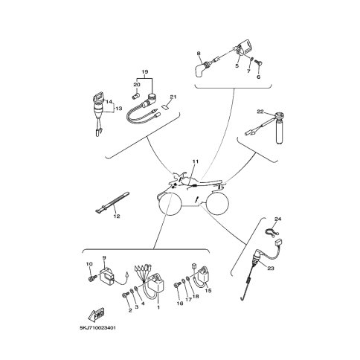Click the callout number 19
click(x=145, y=72)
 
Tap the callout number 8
click(x=199, y=53)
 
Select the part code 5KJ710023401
click(x=97, y=328)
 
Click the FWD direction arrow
click(x=96, y=314)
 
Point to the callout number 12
click(x=117, y=216)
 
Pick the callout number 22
click(x=260, y=112)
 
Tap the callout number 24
click(x=278, y=219)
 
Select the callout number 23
click(x=271, y=269)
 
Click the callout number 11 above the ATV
click(x=196, y=161)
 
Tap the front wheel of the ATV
click(x=168, y=204)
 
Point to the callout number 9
click(x=104, y=258)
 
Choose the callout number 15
click(x=208, y=290)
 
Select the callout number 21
click(x=173, y=97)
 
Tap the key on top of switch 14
click(x=97, y=97)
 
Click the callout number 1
click(x=158, y=308)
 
